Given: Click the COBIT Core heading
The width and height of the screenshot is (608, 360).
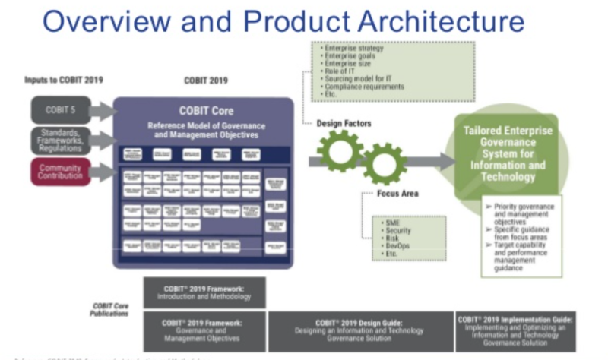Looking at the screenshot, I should pos(202,111).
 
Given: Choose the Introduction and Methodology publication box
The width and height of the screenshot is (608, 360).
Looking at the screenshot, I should pos(204,292).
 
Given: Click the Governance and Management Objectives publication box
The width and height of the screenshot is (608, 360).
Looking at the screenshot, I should pos(204,331).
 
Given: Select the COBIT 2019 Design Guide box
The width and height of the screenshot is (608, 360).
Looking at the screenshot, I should pos(359,331).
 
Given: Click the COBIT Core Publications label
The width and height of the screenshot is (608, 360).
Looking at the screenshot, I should pos(113,308).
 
